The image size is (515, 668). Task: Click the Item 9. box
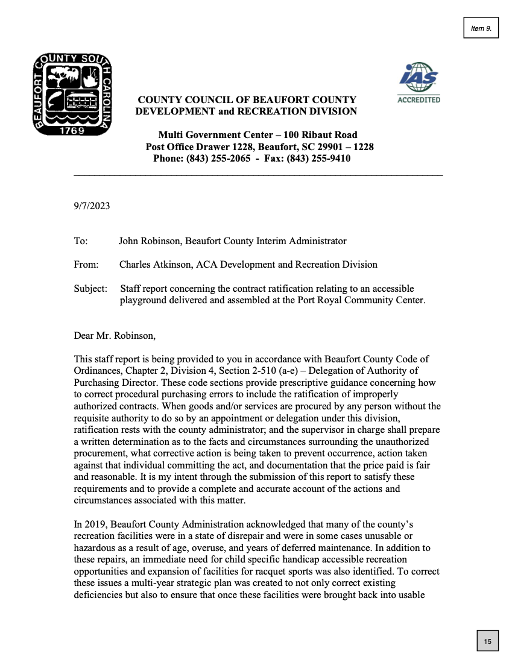[481, 28]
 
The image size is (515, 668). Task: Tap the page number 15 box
[487, 641]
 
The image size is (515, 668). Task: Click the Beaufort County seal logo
[72, 94]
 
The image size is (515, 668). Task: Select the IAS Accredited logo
[419, 83]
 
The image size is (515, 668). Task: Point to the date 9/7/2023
[92, 206]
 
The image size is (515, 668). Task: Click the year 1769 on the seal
[72, 130]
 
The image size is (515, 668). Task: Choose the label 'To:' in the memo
[81, 241]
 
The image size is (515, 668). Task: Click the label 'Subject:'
[90, 289]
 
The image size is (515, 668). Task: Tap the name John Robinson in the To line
[150, 241]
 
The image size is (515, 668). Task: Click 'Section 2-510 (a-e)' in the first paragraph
[285, 370]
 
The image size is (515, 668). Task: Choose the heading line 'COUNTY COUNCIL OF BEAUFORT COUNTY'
[247, 99]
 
